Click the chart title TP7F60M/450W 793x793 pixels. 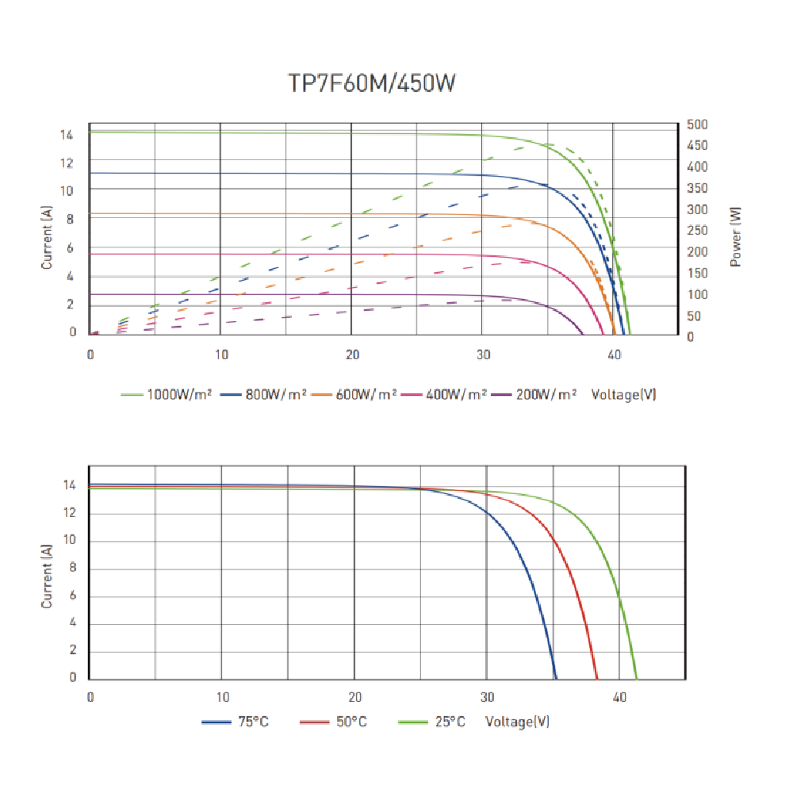click(x=372, y=84)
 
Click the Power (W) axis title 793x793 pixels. click(x=736, y=236)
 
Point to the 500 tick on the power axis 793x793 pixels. click(x=698, y=125)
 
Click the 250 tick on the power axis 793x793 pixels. click(x=698, y=231)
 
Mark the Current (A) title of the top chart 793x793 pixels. click(x=47, y=236)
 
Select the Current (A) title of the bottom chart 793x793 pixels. click(x=47, y=576)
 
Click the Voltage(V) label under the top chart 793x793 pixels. click(x=623, y=394)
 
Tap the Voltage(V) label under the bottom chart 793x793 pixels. click(x=517, y=722)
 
